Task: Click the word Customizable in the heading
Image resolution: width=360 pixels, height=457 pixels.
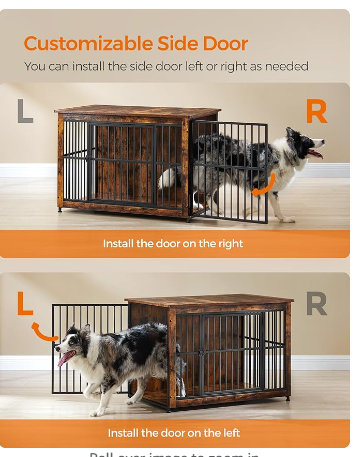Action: coord(89,43)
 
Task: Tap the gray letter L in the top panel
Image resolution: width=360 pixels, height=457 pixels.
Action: coord(24,110)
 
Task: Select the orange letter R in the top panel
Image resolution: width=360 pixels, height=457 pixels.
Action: coord(316,111)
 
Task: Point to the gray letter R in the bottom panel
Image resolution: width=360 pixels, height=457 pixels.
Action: coord(315,303)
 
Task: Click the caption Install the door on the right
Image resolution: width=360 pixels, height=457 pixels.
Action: coord(173,243)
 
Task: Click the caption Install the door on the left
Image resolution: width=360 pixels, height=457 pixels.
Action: coord(172,432)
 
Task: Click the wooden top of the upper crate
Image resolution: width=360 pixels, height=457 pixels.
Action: coord(137,111)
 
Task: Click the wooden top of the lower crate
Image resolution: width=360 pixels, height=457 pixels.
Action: coord(210,300)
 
